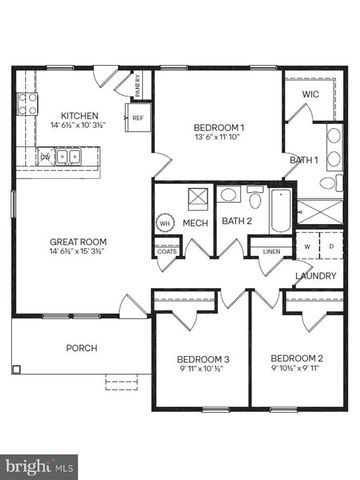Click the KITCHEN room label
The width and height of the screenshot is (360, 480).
click(x=78, y=115)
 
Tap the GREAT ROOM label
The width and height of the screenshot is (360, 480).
click(x=78, y=242)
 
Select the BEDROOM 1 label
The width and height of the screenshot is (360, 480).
click(x=219, y=127)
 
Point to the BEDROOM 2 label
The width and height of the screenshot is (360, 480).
click(x=296, y=359)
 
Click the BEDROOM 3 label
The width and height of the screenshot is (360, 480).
click(x=203, y=359)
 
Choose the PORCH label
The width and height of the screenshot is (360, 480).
click(x=80, y=349)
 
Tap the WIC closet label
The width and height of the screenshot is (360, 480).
click(x=311, y=95)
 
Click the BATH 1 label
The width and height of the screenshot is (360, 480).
click(x=304, y=160)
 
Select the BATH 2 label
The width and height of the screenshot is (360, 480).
click(x=235, y=221)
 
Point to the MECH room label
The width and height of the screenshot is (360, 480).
click(x=194, y=222)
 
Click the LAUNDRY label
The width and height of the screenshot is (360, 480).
click(x=314, y=276)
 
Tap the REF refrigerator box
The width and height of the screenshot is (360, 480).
click(x=138, y=118)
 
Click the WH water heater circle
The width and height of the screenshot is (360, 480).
click(x=165, y=223)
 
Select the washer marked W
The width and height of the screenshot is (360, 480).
click(x=307, y=245)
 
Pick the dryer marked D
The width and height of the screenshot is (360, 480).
click(x=330, y=245)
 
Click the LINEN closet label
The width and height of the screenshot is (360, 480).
click(x=271, y=251)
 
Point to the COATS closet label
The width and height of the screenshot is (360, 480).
click(x=167, y=251)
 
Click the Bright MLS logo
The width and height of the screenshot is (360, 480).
click(x=41, y=465)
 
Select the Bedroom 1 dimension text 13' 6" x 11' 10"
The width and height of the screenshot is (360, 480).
click(x=219, y=138)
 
